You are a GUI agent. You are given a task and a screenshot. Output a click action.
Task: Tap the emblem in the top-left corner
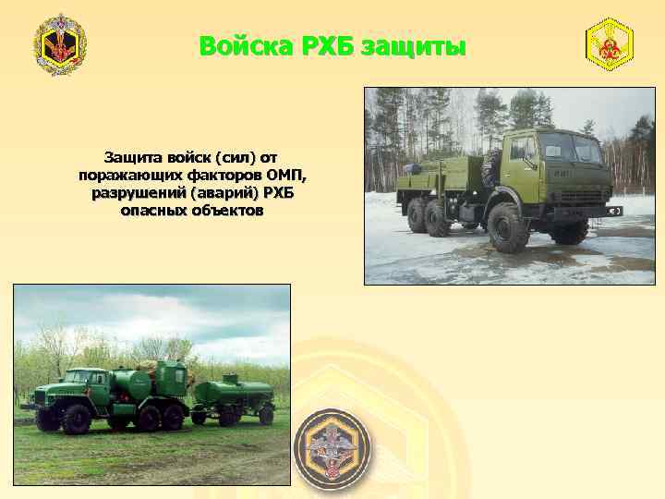point(60,44)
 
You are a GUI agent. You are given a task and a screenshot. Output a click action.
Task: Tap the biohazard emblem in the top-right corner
point(609,44)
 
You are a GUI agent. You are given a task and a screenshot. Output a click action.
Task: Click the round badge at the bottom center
point(332,448)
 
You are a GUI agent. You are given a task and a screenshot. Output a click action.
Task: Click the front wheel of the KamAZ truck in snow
point(507,227)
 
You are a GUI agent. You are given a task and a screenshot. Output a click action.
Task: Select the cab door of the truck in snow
point(524,166)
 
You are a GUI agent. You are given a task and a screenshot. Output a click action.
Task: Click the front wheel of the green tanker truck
point(76,419)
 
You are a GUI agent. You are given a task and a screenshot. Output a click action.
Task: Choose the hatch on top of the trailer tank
point(230,377)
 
